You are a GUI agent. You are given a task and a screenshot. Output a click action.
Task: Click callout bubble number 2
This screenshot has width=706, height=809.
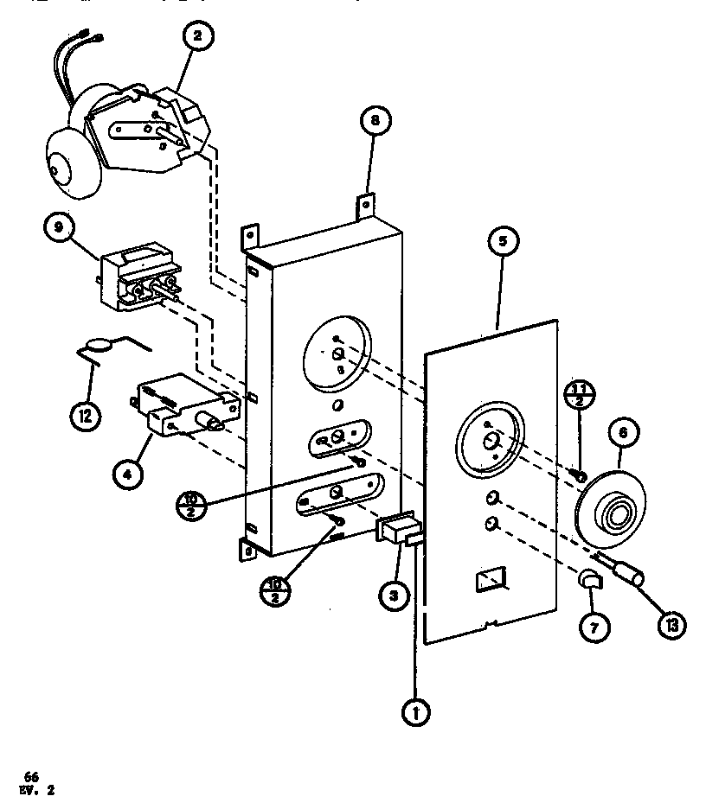point(198,36)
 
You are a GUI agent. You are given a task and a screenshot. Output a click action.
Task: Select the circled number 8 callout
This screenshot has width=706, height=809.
point(373,122)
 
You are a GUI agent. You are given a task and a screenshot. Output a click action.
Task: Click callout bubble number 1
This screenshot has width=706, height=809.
point(414,714)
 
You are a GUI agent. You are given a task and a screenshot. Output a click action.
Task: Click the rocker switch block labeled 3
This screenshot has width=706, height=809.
point(398,531)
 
